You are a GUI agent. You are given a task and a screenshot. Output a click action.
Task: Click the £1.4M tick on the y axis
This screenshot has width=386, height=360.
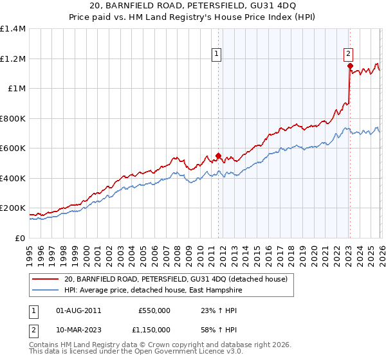click(x=13, y=29)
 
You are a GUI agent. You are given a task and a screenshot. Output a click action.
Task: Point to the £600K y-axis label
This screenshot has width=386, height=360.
click(x=13, y=148)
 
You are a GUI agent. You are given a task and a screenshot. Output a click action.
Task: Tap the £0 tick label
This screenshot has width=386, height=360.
click(x=20, y=238)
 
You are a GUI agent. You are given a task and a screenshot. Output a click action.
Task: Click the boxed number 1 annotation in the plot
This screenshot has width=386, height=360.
click(x=218, y=54)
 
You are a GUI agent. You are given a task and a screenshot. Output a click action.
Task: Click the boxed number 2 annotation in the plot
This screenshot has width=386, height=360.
click(x=348, y=54)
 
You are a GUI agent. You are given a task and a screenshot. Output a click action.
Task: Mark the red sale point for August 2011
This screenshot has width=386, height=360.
click(x=218, y=155)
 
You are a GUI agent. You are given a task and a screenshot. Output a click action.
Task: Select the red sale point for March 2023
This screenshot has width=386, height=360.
click(x=349, y=66)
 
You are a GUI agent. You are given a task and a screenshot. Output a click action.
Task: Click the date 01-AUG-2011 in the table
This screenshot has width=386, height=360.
click(x=78, y=310)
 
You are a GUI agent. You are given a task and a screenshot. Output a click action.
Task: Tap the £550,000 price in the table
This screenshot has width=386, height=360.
click(x=154, y=310)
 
